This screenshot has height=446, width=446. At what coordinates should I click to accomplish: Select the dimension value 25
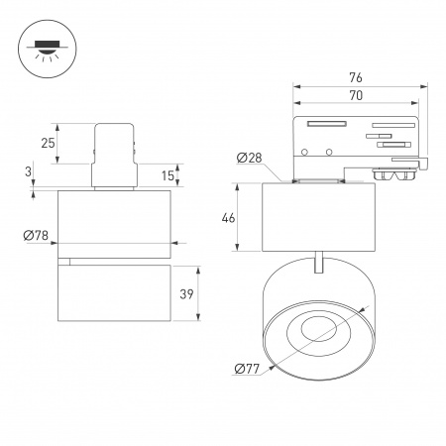click(47, 145)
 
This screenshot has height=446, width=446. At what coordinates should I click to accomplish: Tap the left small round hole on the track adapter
click(306, 152)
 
